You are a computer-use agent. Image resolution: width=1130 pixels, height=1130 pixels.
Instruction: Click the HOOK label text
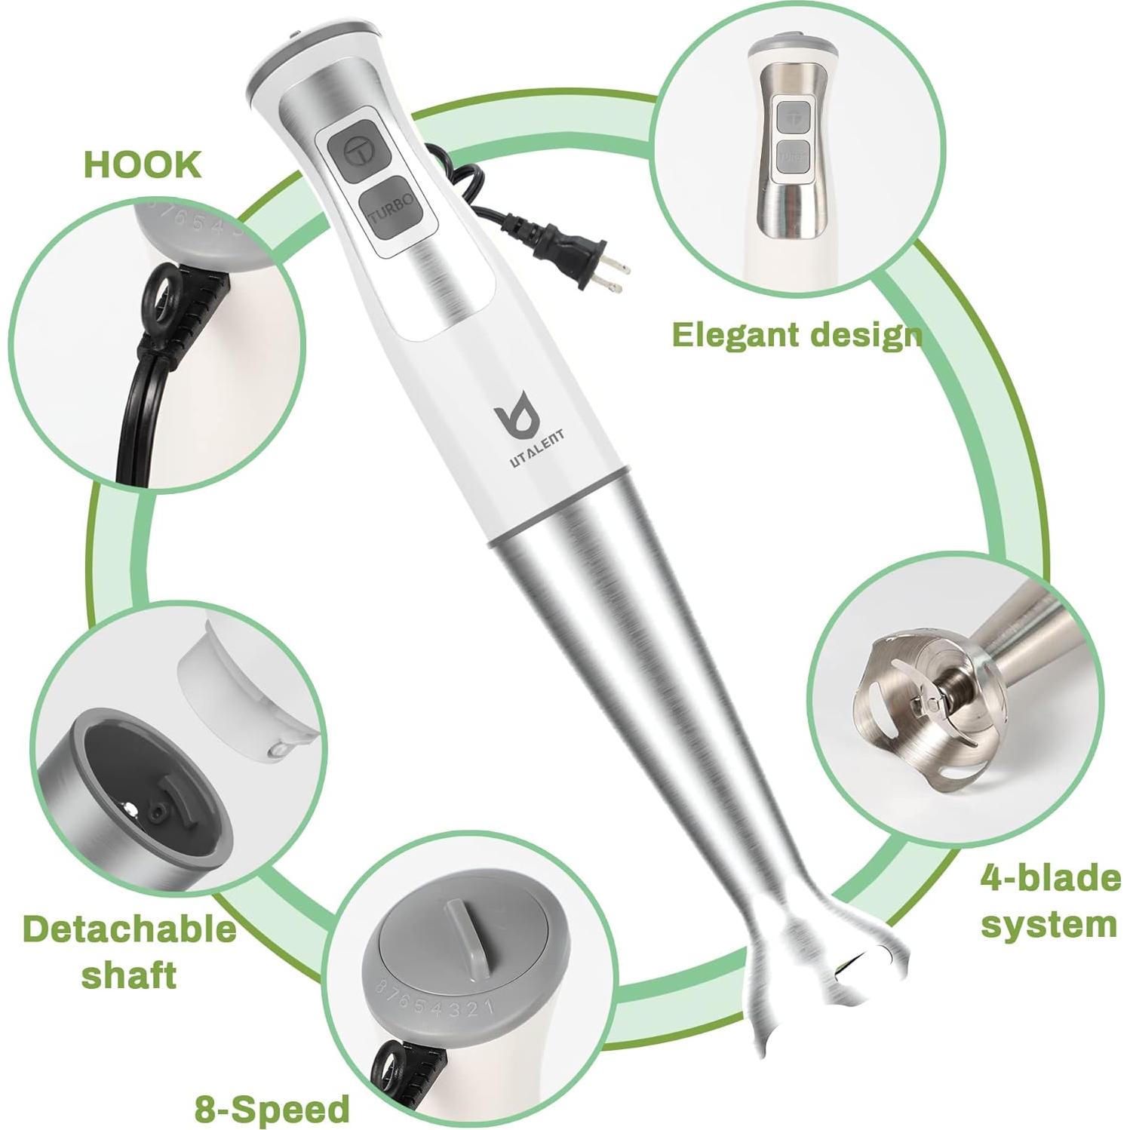coord(143,164)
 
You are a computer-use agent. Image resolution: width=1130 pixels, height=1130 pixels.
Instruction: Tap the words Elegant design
coord(797,334)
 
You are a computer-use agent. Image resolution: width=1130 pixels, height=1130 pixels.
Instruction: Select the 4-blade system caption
coord(1049,901)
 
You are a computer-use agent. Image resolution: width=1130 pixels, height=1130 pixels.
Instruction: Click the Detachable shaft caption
coord(129,950)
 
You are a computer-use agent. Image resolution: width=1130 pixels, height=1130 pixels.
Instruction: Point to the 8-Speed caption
coord(272,1108)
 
